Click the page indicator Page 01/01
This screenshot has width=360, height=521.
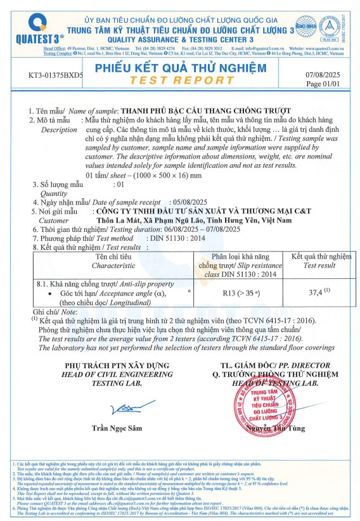[x=323, y=84]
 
